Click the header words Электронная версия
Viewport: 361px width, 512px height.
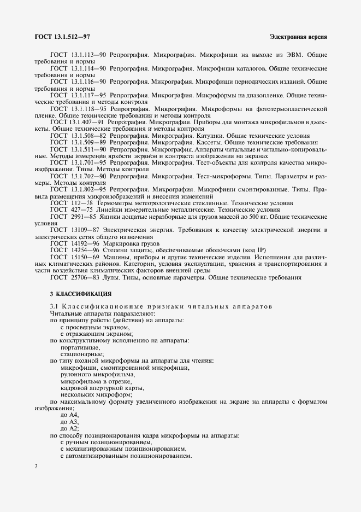click(298, 37)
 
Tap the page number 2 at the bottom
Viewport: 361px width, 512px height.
click(36, 466)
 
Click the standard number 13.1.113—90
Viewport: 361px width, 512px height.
click(88, 55)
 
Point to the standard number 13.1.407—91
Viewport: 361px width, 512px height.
click(88, 123)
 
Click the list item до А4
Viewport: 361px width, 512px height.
click(70, 416)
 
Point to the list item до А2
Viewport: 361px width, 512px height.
click(70, 429)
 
